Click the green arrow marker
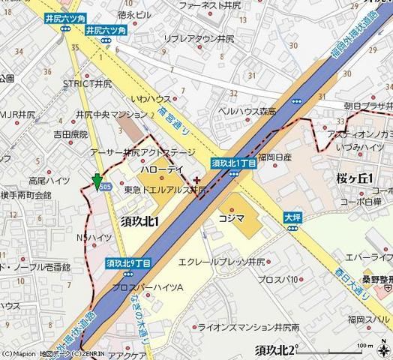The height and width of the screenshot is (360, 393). tap(96, 182)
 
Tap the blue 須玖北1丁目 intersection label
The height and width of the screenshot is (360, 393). tap(233, 162)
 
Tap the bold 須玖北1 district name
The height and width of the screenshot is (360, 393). tap(143, 220)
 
